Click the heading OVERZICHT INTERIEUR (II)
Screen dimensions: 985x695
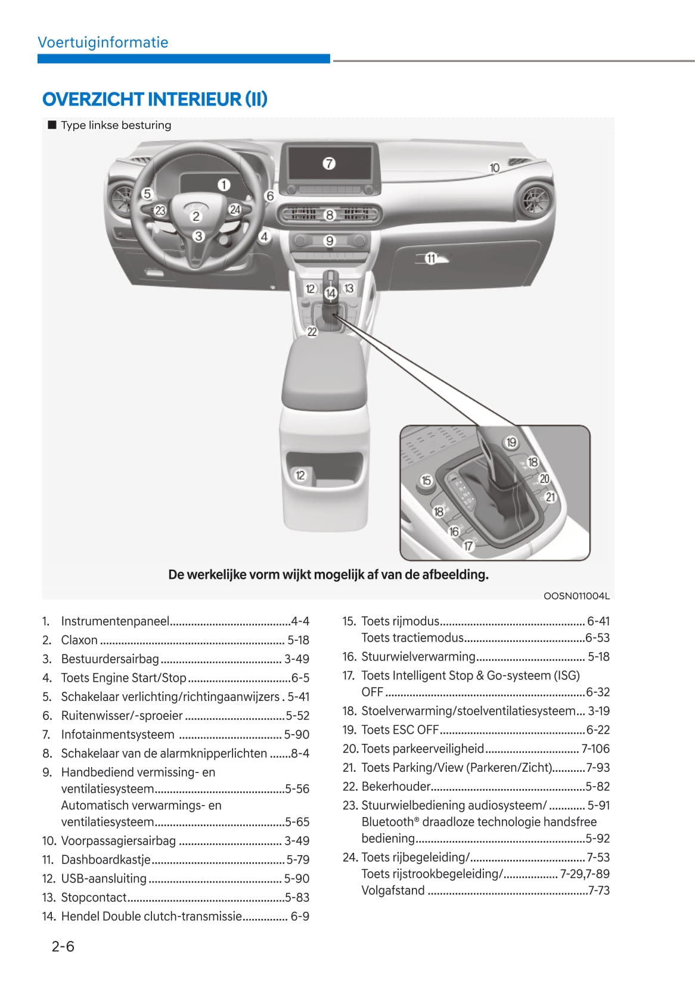pyautogui.click(x=154, y=99)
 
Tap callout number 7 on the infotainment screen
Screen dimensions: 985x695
pyautogui.click(x=329, y=163)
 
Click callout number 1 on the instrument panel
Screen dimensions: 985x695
pyautogui.click(x=224, y=185)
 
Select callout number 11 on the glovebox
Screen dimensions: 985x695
pyautogui.click(x=431, y=258)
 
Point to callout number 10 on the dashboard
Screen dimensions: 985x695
pyautogui.click(x=494, y=169)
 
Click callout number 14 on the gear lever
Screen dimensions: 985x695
pyautogui.click(x=331, y=292)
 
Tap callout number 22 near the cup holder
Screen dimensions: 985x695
pyautogui.click(x=312, y=332)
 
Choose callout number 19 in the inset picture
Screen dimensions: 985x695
pyautogui.click(x=511, y=442)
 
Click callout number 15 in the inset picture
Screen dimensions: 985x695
pyautogui.click(x=426, y=481)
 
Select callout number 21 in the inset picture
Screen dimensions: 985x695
pyautogui.click(x=550, y=497)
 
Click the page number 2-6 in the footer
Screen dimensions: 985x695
pyautogui.click(x=63, y=946)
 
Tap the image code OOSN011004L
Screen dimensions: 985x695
pyautogui.click(x=576, y=596)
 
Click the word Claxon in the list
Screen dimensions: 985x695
pyautogui.click(x=79, y=640)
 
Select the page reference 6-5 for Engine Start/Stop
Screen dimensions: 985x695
pyautogui.click(x=300, y=678)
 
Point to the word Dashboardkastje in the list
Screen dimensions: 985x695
pyautogui.click(x=106, y=859)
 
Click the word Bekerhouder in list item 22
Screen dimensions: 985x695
pyautogui.click(x=396, y=786)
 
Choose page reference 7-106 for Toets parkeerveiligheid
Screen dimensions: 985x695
pyautogui.click(x=595, y=749)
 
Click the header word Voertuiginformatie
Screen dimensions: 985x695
pyautogui.click(x=103, y=42)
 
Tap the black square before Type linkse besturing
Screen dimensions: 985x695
pyautogui.click(x=52, y=125)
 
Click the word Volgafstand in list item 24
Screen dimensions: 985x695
pyautogui.click(x=393, y=890)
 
